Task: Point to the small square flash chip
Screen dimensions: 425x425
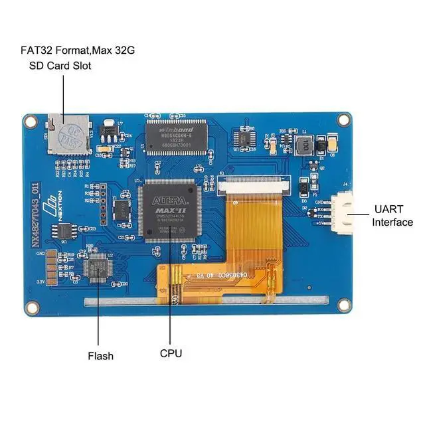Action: (x=100, y=268)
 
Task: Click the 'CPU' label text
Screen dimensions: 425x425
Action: (x=171, y=354)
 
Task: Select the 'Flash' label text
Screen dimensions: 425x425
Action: (x=101, y=356)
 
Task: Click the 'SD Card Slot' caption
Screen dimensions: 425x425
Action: (x=60, y=66)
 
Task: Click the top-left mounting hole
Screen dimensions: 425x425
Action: (x=31, y=121)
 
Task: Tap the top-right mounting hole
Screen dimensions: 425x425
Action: (x=343, y=120)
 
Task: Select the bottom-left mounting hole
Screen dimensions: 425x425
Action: (x=31, y=307)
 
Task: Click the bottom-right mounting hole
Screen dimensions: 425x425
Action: (x=344, y=305)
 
